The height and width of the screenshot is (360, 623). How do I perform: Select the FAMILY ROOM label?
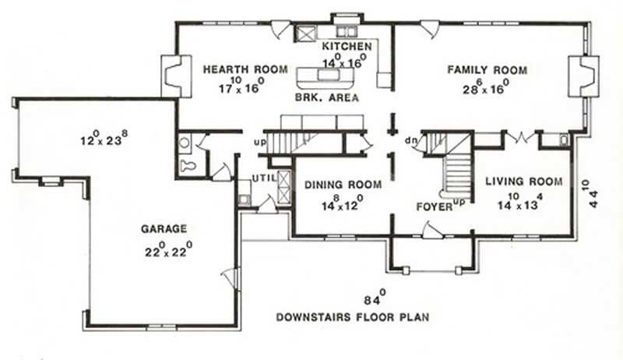(x=487, y=70)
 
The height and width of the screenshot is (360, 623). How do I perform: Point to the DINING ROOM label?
(x=343, y=185)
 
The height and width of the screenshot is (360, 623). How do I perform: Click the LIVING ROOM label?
(x=523, y=182)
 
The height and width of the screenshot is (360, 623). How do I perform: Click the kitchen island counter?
(x=322, y=76)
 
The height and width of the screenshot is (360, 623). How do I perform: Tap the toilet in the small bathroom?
(x=188, y=166)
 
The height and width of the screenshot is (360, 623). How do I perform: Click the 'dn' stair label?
(x=410, y=141)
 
